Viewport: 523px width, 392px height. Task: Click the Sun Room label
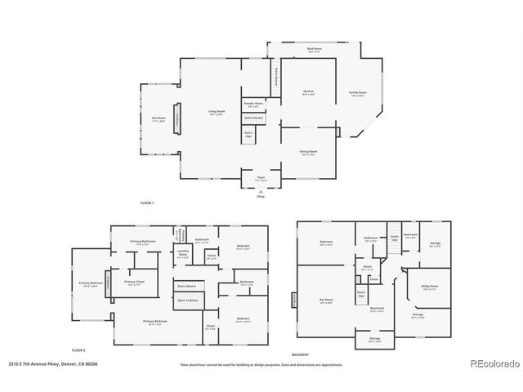pyautogui.click(x=159, y=119)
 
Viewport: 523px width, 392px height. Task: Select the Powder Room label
pyautogui.click(x=253, y=105)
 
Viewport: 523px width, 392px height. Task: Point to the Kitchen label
pyautogui.click(x=309, y=91)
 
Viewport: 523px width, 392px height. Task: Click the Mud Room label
pyautogui.click(x=314, y=50)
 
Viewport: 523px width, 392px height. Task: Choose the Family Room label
pyautogui.click(x=356, y=93)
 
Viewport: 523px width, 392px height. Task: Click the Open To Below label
pyautogui.click(x=187, y=301)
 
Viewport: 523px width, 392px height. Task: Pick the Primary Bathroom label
pyautogui.click(x=144, y=243)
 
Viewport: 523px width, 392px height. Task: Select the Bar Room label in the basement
pyautogui.click(x=326, y=301)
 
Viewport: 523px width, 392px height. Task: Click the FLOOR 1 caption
pyautogui.click(x=147, y=202)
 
